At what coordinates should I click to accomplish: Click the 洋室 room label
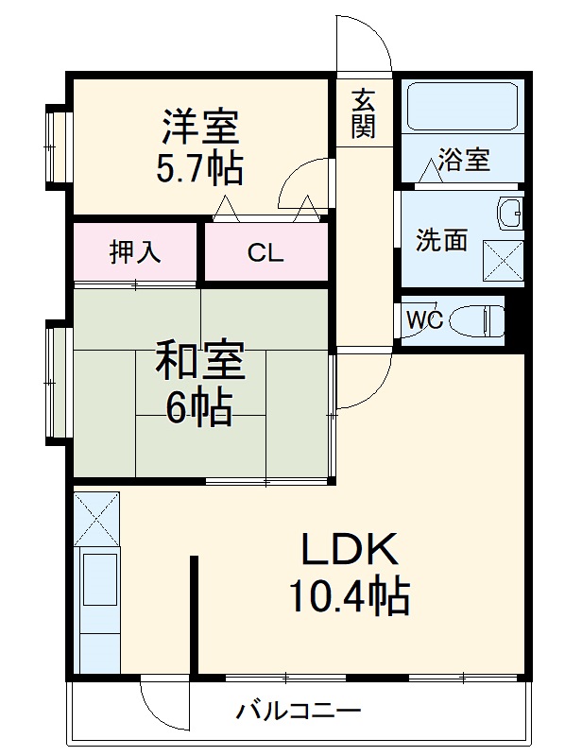(x=200, y=126)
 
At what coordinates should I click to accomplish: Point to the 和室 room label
(x=200, y=362)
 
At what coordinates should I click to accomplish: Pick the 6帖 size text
(x=199, y=407)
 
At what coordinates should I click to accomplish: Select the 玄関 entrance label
(x=364, y=113)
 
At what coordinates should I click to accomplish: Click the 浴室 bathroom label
(x=464, y=160)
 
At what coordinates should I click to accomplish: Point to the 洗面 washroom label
(x=442, y=239)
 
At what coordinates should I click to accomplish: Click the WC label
(x=425, y=319)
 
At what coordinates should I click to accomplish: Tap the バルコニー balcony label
(x=298, y=710)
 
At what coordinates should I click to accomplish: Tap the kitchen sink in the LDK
(x=99, y=578)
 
